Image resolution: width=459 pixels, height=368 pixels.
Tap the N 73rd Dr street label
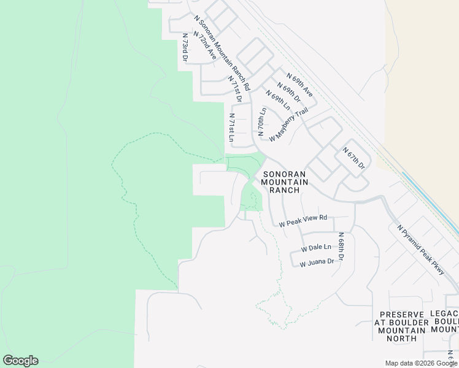tap(184, 47)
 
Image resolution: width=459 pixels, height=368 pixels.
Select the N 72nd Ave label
tap(204, 44)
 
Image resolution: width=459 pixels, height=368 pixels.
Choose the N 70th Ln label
tap(262, 121)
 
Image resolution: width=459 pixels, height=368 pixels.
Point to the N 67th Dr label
tap(354, 158)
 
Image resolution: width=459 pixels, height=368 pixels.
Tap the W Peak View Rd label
tap(303, 221)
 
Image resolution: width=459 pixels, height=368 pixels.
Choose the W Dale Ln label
tap(316, 248)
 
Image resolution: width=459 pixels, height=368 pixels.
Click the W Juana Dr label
tap(317, 262)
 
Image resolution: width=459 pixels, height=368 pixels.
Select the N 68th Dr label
tap(341, 247)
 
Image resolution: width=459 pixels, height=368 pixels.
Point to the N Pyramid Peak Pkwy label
tap(421, 249)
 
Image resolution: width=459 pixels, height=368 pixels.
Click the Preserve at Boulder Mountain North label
tap(402, 326)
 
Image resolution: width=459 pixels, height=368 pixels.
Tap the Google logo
tap(20, 361)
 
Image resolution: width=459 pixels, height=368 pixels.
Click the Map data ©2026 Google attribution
tap(421, 363)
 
